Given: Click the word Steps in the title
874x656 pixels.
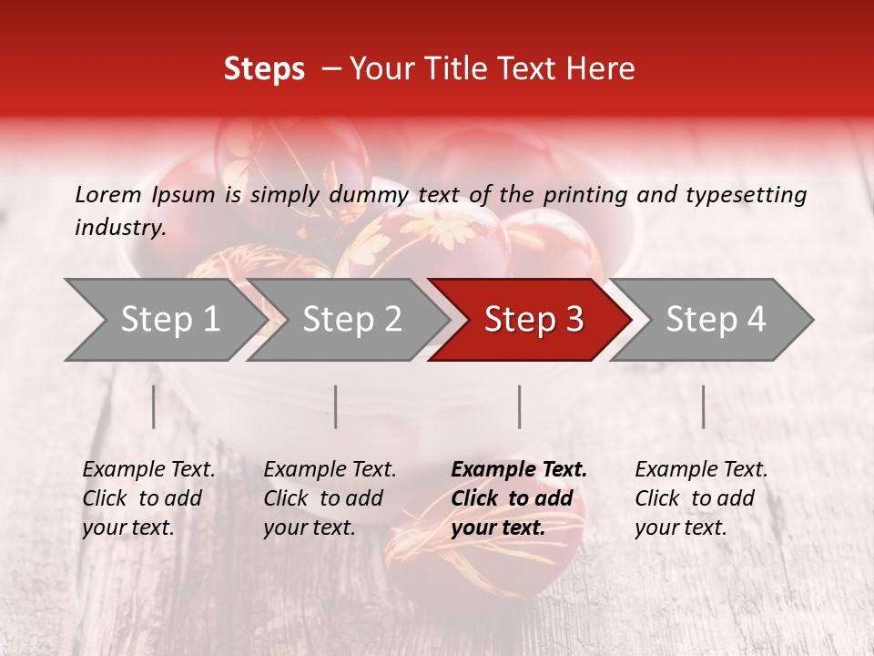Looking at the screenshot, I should tap(264, 69).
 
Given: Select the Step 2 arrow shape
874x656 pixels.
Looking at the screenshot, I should tap(351, 320).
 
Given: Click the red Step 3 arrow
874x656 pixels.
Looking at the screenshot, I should tap(534, 320).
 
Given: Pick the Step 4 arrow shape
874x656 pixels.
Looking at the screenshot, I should tap(716, 320).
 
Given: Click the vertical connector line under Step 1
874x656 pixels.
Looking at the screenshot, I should tap(153, 406).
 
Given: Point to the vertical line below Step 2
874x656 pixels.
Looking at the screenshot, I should tap(336, 406).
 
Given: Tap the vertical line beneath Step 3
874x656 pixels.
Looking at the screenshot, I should tap(519, 406).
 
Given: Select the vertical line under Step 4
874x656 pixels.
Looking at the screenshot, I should tap(703, 406).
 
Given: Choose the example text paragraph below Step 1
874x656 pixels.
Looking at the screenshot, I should tap(148, 498).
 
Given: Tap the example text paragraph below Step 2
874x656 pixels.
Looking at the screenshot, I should tap(330, 498).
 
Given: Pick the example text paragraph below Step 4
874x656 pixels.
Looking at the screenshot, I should tap(701, 498).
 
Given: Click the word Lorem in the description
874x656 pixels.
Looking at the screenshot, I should tap(108, 194).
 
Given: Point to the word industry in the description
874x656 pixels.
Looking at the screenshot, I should tap(119, 228).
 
